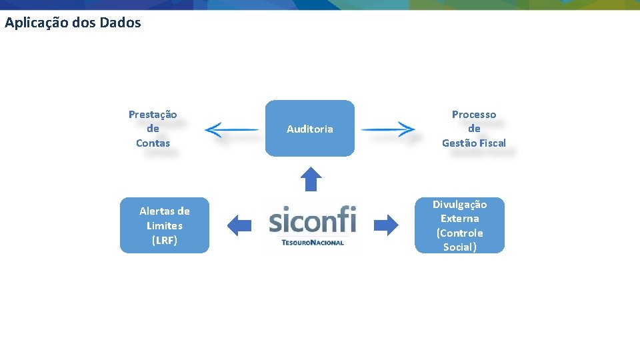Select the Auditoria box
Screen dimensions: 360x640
310,129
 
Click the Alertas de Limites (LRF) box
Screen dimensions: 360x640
165,225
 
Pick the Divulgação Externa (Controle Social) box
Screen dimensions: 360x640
459,225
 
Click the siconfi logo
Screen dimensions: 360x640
312,220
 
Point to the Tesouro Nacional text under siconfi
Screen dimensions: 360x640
313,243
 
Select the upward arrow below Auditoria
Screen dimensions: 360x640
311,179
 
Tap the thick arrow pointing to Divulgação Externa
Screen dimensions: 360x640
386,225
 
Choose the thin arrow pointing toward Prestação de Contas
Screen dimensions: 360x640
231,129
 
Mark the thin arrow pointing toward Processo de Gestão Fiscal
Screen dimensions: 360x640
389,129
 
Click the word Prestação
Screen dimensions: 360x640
153,115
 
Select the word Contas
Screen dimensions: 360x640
153,143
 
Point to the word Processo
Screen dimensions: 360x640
474,115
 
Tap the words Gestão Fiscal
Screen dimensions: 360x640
474,143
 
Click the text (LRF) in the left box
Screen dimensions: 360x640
165,240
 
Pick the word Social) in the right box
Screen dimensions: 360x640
459,247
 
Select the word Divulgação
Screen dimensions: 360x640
459,205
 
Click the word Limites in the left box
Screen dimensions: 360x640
165,226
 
